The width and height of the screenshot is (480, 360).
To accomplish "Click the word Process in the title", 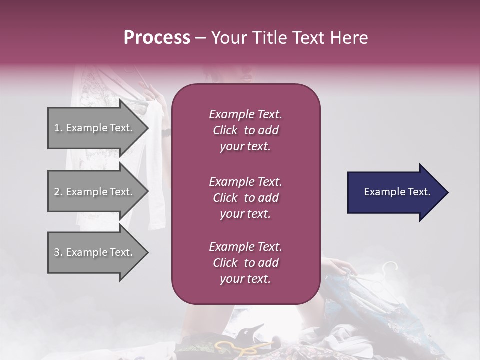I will (157, 38).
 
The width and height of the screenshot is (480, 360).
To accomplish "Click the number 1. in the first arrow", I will (58, 128).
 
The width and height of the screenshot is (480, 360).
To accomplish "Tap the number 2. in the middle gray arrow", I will (58, 192).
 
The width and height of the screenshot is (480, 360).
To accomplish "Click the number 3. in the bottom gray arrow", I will (58, 252).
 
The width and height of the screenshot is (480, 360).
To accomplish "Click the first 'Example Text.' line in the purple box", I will (245, 114).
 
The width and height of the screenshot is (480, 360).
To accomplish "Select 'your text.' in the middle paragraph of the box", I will (245, 214).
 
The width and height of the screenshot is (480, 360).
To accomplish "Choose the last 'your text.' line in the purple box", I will (245, 279).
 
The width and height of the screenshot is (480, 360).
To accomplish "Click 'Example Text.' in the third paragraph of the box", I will (245, 247).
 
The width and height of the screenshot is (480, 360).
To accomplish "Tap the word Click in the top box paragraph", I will (225, 130).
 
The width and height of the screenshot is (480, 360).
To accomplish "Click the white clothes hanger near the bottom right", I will (390, 272).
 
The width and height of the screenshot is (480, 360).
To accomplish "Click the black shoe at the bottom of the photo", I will (252, 334).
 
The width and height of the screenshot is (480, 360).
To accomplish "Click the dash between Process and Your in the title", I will (200, 38).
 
